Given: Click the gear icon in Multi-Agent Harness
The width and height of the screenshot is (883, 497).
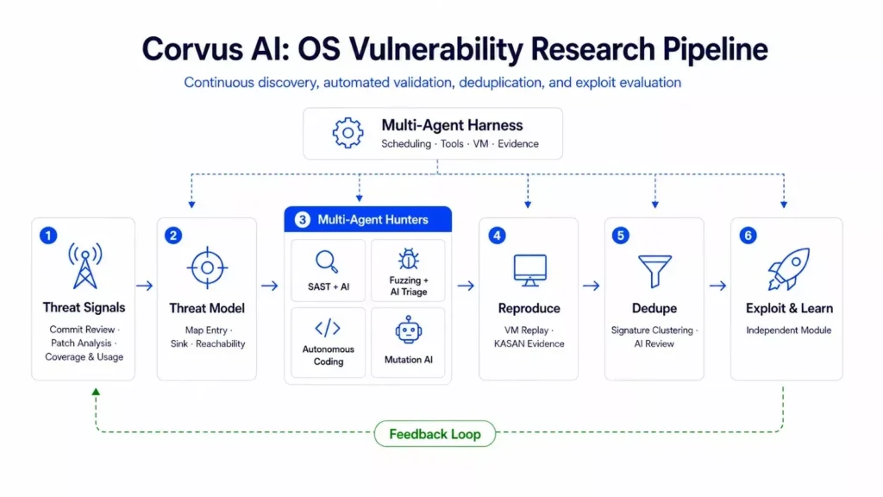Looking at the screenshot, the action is [348, 133].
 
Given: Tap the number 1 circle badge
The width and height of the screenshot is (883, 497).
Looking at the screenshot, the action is [48, 235].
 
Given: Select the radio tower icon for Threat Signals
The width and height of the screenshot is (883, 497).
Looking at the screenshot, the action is [85, 266].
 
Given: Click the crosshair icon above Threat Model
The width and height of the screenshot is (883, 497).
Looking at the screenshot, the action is [207, 267].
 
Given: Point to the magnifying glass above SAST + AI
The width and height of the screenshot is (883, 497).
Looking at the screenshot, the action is [327, 262].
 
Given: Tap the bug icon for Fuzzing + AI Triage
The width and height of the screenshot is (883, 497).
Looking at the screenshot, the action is [408, 259].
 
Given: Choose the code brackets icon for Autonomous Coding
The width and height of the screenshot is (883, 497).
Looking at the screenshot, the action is [327, 328].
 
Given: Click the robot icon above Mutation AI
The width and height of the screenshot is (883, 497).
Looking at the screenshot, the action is [408, 330].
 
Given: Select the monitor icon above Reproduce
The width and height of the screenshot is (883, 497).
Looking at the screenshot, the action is [530, 270].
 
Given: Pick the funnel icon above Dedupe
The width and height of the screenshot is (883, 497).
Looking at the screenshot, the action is [654, 271].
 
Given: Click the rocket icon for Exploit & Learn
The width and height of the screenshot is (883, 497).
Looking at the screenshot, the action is [789, 269].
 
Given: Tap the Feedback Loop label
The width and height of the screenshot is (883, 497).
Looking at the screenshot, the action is [435, 434].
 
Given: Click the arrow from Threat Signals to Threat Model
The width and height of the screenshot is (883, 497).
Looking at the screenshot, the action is [145, 286].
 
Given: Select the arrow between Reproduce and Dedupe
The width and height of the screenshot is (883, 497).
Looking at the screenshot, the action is [592, 286].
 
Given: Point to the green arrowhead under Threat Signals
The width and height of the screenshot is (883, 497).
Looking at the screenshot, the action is [96, 391].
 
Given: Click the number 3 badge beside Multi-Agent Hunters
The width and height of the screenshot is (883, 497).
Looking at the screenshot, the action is [303, 220].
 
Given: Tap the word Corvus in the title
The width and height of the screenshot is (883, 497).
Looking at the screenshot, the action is [191, 49].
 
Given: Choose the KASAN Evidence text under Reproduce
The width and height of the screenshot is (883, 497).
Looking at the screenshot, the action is [529, 343].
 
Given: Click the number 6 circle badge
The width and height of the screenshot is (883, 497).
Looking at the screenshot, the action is [748, 235].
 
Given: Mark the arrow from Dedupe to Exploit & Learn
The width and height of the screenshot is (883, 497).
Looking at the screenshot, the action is [718, 286].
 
